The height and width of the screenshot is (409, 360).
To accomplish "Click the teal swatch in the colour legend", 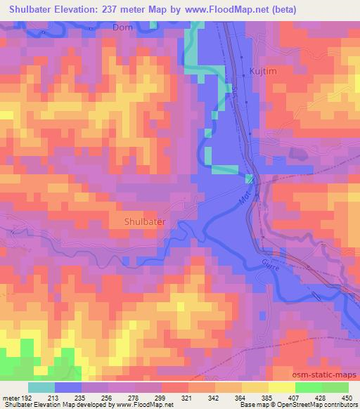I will (x=41, y=387).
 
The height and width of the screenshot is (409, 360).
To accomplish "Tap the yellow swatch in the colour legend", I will (x=281, y=387).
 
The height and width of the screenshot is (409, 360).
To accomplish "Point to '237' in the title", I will (x=127, y=9).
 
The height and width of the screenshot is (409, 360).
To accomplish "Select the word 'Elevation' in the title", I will (x=85, y=9).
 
